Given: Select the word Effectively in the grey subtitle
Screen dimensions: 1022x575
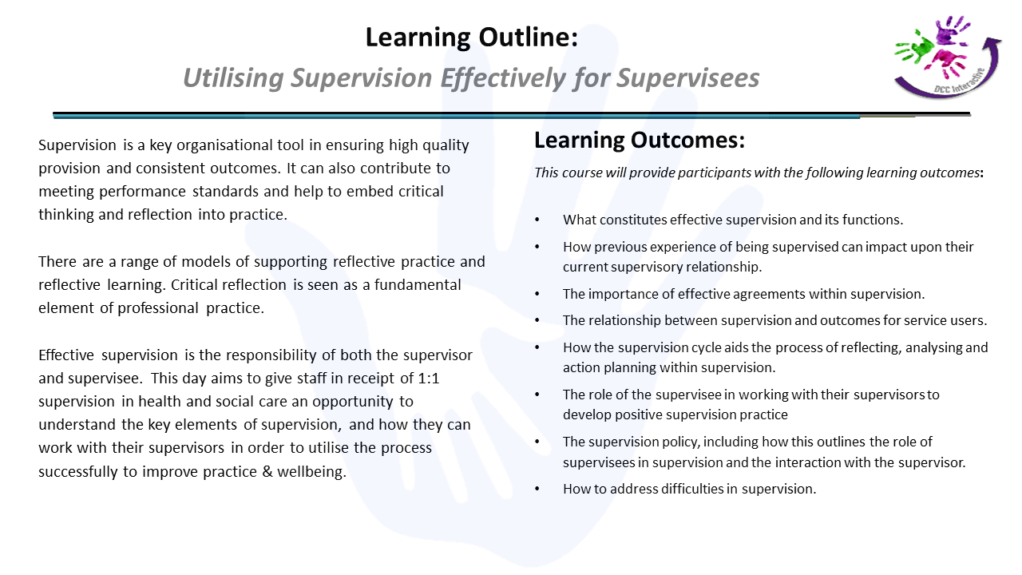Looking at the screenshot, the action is pos(503,78).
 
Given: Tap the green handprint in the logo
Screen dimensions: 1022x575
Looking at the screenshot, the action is pos(915,48).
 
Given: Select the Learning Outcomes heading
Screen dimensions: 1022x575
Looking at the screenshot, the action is pos(640,140).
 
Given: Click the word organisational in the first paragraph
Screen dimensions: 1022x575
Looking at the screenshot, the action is pos(240,145).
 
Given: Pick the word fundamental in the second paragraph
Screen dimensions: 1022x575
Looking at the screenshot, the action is pos(418,285).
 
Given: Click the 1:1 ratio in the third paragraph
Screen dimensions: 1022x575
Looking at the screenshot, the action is pos(429,379).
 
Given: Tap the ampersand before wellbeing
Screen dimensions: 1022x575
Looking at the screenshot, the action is pos(267,471).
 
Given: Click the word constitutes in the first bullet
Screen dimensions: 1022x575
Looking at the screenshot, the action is pos(633,220).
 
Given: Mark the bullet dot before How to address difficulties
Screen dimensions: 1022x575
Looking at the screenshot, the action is pos(537,489).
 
